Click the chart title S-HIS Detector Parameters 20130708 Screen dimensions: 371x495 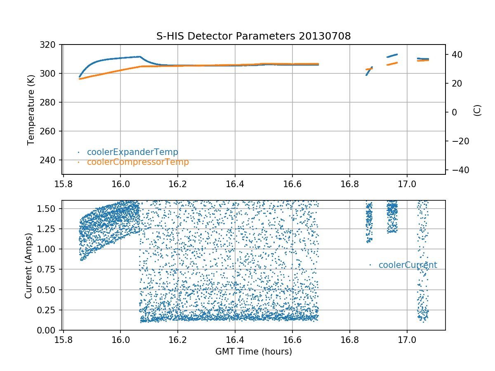coord(253,36)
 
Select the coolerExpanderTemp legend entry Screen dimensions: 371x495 coord(132,152)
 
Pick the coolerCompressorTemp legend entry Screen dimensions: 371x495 coord(138,162)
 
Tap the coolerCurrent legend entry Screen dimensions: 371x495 coord(408,265)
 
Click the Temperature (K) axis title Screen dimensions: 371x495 coord(31,109)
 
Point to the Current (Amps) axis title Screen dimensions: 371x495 coord(28,265)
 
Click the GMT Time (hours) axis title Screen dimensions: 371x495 coord(253,352)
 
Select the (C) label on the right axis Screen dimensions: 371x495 coord(477,110)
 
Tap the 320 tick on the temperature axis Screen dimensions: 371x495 coord(51,45)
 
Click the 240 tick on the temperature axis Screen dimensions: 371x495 coord(51,160)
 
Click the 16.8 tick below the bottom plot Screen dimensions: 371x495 coord(349,339)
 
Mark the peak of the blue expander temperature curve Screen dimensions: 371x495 coord(139,56)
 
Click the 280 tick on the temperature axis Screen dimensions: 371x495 coord(51,102)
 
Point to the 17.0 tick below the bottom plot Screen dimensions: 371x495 coord(407,339)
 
